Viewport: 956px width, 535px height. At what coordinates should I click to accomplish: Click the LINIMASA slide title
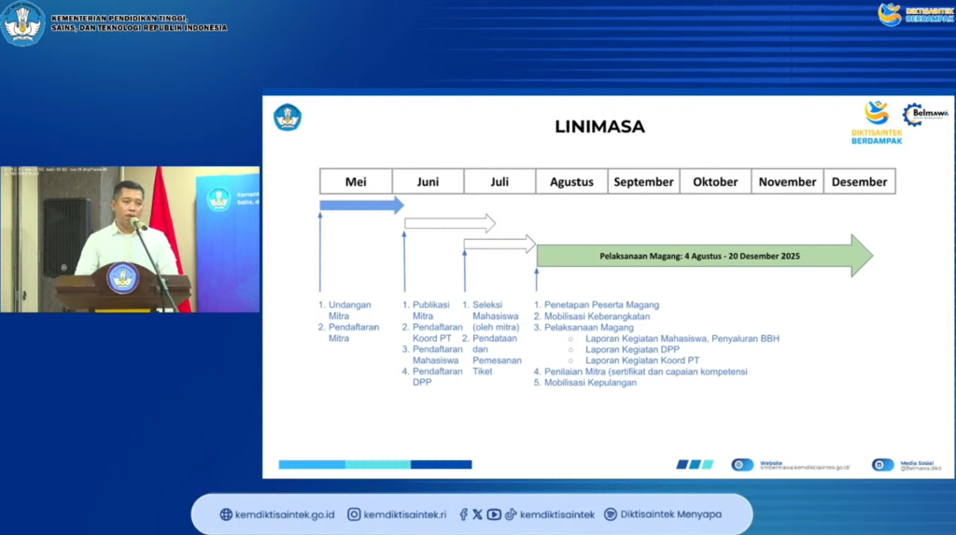coord(599,126)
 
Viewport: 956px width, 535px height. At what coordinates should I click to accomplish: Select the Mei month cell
coord(356,182)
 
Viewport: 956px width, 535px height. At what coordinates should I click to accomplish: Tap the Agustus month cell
coord(571,182)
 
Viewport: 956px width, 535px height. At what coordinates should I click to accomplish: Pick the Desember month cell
coord(859,182)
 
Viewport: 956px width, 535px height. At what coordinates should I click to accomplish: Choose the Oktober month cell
coord(715,182)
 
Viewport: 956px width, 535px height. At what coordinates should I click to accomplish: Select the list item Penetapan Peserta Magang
coord(601,304)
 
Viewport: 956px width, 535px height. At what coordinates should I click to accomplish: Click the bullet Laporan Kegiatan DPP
coord(632,349)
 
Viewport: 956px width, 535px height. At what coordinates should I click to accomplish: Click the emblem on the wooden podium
coord(122,277)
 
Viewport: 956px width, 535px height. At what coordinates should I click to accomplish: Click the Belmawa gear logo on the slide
coord(911,114)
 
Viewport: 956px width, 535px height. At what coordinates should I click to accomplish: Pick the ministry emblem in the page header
coord(23,23)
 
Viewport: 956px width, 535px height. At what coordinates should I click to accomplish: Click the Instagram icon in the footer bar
coord(354,514)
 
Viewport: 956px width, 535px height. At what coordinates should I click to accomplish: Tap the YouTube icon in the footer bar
coord(494,514)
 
